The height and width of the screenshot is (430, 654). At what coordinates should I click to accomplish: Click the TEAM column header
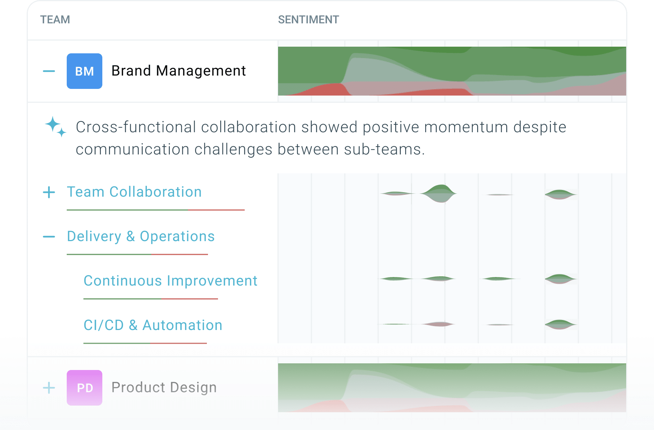[x=55, y=20]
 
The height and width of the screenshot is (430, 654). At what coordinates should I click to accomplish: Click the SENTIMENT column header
[x=308, y=20]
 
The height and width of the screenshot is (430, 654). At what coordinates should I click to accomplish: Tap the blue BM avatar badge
[x=85, y=71]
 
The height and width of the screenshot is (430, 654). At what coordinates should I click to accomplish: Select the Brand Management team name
[x=179, y=71]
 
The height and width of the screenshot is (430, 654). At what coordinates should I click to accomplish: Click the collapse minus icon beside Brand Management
[x=49, y=71]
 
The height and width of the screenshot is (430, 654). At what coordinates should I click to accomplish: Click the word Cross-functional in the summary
[x=136, y=127]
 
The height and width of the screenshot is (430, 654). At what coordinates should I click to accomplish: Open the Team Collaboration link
[x=134, y=192]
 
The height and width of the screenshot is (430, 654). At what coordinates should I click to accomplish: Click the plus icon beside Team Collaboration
[x=49, y=192]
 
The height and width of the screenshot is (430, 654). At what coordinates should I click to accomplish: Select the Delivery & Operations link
[x=141, y=236]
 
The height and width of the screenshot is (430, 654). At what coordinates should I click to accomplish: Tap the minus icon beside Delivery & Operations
[x=49, y=237]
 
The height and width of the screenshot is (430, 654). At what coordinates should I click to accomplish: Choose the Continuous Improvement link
[x=171, y=281]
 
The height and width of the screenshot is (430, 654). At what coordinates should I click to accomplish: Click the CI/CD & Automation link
[x=153, y=325]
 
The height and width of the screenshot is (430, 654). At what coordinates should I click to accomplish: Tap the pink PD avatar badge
[x=85, y=388]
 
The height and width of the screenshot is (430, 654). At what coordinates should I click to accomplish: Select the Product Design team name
[x=164, y=387]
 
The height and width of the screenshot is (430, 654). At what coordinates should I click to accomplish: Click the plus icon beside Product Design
[x=49, y=388]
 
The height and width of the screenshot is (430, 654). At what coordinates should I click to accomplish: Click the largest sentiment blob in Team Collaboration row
[x=439, y=193]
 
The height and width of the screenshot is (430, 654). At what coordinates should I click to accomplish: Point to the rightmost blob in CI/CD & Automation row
[x=560, y=324]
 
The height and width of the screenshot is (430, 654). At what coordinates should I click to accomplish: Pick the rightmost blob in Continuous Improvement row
[x=560, y=279]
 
